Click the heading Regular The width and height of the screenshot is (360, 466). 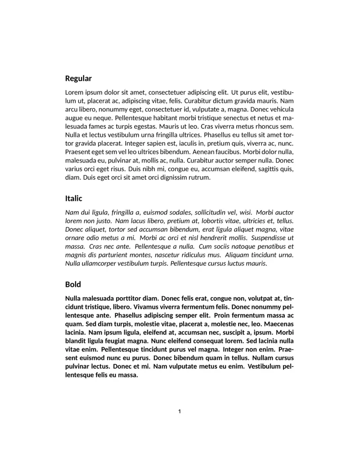coord(78,78)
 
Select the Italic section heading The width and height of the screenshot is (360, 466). coord(74,198)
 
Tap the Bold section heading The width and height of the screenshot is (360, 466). coord(73,285)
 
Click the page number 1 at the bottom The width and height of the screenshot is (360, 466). coord(180,411)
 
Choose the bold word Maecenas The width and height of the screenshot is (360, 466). coord(279,324)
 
